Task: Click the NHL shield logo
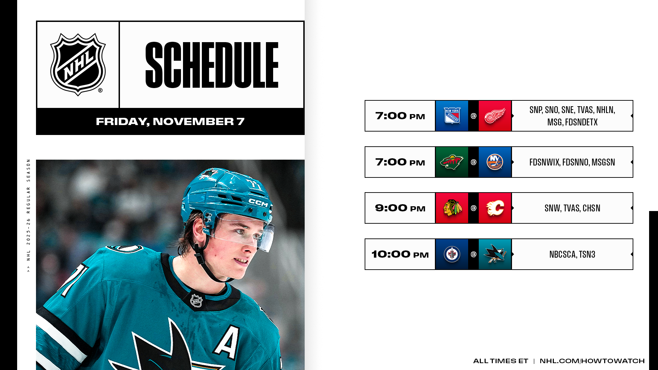(78, 64)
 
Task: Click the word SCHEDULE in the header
(212, 65)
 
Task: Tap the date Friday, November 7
(170, 122)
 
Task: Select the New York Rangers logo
(452, 116)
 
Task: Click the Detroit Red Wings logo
(495, 116)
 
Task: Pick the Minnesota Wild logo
(452, 162)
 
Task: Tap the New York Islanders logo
(495, 162)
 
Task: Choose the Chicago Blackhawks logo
(452, 208)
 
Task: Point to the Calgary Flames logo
(495, 208)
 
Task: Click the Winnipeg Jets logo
(452, 254)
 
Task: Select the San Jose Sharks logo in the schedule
(495, 254)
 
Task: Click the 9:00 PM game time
(400, 208)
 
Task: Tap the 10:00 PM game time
(400, 254)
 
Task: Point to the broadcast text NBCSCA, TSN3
(572, 254)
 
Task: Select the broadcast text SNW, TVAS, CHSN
(572, 208)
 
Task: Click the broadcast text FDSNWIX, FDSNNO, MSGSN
(572, 162)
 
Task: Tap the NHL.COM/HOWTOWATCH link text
(592, 361)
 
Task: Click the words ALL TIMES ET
(501, 361)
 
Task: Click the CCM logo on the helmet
(258, 203)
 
